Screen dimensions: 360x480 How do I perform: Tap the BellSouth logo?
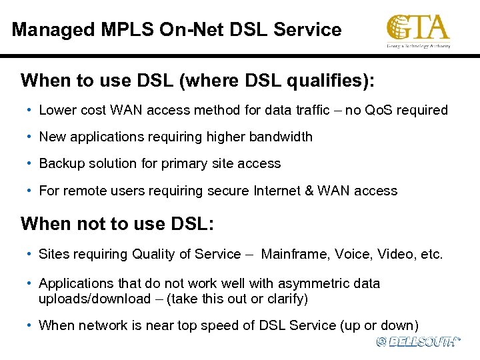pyautogui.click(x=418, y=341)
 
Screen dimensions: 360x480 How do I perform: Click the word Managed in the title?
pyautogui.click(x=52, y=30)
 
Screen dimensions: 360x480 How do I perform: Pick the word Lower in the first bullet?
pyautogui.click(x=57, y=110)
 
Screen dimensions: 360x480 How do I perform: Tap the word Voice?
pyautogui.click(x=355, y=254)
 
